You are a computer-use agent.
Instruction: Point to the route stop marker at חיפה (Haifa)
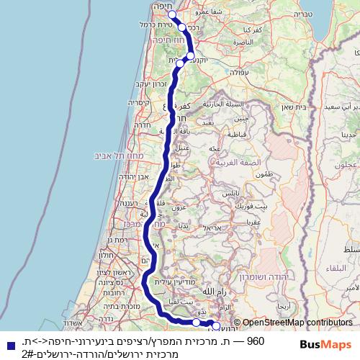click(171, 15)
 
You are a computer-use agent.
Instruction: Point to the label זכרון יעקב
click(139, 84)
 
